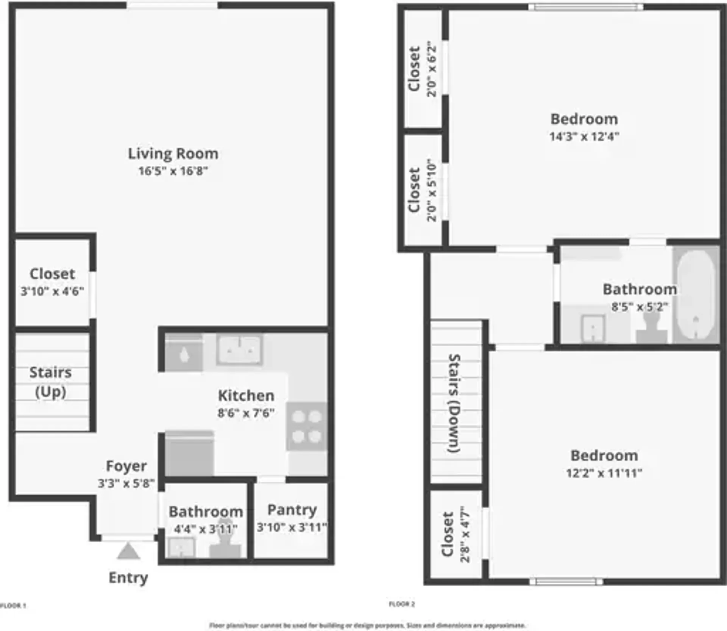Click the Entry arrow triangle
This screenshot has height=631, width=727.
128,552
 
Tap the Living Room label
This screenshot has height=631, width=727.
173,154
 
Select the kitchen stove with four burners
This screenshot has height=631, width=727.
307,427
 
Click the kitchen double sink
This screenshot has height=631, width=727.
240,349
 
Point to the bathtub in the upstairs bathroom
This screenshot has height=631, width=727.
696,296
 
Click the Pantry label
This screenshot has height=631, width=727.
292,510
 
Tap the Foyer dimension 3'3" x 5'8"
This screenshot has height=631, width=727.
126,484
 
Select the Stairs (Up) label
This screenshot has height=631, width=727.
50,382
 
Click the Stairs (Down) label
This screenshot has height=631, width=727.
454,403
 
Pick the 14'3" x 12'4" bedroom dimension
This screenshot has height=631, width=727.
584,136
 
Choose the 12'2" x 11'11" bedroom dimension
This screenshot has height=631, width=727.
604,473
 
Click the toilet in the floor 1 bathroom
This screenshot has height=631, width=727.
226,546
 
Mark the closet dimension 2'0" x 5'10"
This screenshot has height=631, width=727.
432,190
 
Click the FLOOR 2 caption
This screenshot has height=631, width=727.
402,604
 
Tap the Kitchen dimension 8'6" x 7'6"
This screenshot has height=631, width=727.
246,413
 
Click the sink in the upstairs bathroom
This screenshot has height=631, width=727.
593,328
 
